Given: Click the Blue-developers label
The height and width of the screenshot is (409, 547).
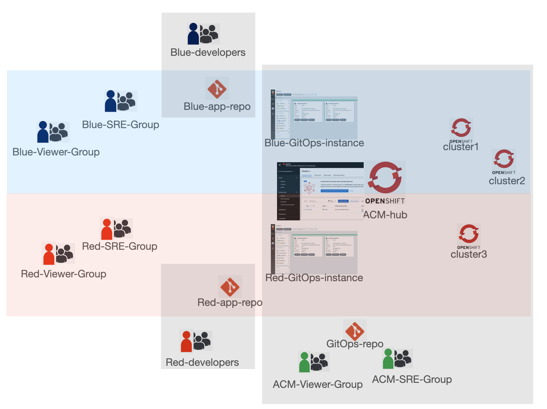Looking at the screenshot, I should pos(208,52).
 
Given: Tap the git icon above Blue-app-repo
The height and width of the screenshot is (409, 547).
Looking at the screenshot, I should pos(217,89).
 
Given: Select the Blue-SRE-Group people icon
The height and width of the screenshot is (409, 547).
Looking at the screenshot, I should pos(121,101).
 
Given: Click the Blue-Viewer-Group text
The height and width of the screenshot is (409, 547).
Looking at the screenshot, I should pos(56,152).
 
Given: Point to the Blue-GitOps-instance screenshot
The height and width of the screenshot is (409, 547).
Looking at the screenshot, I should pos(314,115).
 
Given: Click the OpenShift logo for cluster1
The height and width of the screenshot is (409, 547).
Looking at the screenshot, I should pos(461,128).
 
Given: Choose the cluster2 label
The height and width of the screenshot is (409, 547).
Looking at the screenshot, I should pos(507,181).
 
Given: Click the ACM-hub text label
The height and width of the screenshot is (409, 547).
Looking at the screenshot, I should pos(385,215).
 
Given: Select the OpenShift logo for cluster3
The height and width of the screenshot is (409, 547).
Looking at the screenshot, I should pos(469,234).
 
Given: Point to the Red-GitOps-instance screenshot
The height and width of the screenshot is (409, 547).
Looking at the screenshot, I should pos(314,249).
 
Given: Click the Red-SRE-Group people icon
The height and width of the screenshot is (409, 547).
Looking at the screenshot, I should pos(116,228).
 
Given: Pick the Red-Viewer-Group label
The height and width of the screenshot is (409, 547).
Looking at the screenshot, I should pos(63,274).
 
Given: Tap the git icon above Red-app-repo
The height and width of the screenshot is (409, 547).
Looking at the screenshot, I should pos(230,286).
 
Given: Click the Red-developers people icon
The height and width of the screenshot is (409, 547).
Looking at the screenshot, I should pos(196,341).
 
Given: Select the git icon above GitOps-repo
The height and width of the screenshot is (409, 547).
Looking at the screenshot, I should pos(355,331).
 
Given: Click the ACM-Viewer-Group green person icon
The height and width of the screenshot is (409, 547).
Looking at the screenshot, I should pos(304,362).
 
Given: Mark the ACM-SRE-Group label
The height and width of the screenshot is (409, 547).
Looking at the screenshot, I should pos(412,379).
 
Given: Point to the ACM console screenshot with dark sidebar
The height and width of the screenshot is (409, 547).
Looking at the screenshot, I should pos(320,191).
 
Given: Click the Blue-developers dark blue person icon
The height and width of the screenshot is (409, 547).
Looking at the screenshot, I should pos(193,34).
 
